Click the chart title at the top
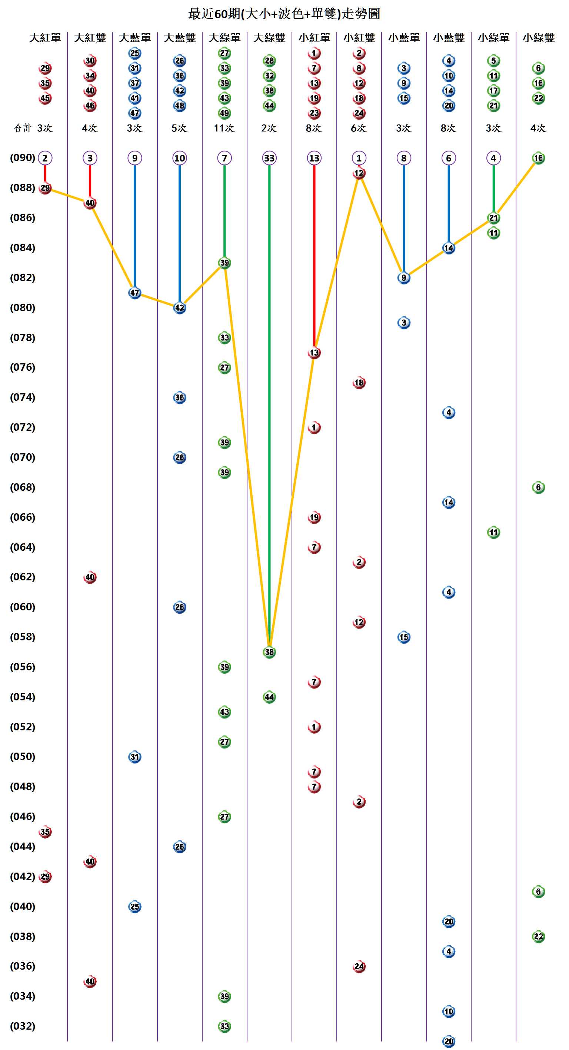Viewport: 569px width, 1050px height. pos(284,14)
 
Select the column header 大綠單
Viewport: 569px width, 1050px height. pos(224,38)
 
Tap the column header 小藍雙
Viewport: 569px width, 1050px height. pos(448,38)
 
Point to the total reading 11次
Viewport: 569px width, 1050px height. pos(224,128)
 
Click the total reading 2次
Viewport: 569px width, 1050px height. pos(269,128)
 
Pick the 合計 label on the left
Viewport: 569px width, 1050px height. pos(23,128)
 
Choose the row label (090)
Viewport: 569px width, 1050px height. pos(23,158)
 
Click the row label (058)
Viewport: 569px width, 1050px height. pos(23,637)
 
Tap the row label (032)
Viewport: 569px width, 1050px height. pos(23,1026)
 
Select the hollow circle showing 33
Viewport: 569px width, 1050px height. pos(269,158)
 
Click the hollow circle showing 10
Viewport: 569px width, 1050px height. pos(179,158)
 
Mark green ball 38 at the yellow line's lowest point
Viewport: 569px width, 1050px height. pos(269,652)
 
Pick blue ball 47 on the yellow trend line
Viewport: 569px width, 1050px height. pos(134,293)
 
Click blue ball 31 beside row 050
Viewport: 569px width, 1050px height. pos(134,757)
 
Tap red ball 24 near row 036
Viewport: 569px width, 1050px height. pos(359,966)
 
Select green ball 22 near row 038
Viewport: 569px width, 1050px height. pos(538,936)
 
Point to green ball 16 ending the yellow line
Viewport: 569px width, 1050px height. pos(538,158)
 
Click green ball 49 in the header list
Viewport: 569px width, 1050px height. pos(224,113)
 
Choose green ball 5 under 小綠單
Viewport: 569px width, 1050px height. pos(493,61)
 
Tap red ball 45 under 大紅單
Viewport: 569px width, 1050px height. pos(45,98)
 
